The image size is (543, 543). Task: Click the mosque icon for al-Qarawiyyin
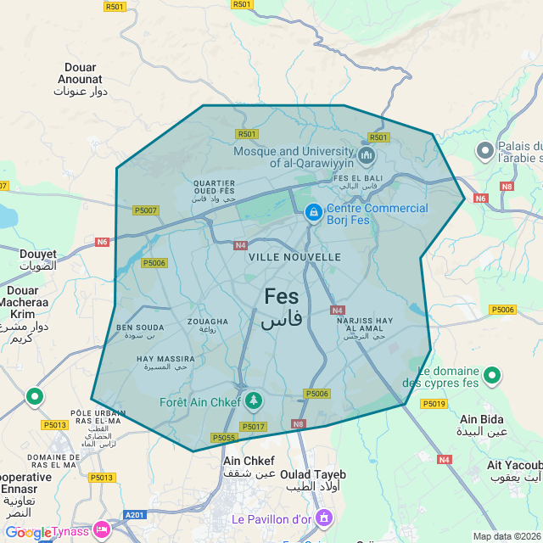(x=367, y=155)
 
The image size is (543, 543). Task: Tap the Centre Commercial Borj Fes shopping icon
(x=313, y=212)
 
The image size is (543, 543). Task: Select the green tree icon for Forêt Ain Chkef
(x=253, y=400)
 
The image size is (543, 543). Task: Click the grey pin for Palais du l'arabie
(x=485, y=152)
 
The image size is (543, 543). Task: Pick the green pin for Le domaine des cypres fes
(x=491, y=374)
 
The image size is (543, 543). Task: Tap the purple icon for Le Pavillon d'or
(x=322, y=517)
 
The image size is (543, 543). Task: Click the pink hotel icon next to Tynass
(x=103, y=530)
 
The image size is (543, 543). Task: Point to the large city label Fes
(x=282, y=296)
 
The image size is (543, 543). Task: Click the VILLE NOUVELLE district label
(x=294, y=256)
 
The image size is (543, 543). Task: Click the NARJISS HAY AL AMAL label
(x=365, y=322)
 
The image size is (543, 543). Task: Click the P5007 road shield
(x=145, y=210)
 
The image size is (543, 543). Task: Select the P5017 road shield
(x=253, y=427)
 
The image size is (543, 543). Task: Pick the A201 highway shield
(x=135, y=514)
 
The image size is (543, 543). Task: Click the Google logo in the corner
(x=29, y=532)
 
